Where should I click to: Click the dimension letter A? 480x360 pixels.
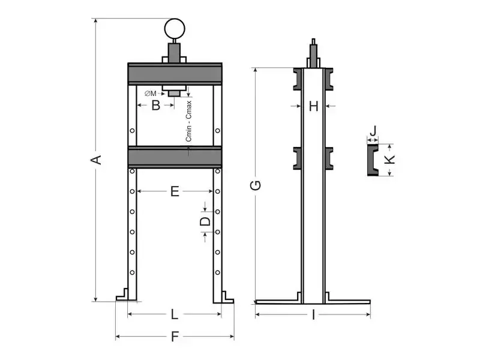(x=95, y=160)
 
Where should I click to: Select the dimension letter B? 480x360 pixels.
(x=155, y=106)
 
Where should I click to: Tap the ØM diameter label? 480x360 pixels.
(x=151, y=93)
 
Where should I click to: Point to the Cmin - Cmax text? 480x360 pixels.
(x=189, y=120)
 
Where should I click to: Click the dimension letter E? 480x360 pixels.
(x=175, y=191)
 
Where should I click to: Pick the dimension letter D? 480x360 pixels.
(x=205, y=222)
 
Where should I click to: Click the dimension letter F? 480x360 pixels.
(x=175, y=337)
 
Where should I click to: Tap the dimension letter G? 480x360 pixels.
(x=256, y=185)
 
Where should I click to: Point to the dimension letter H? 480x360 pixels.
(x=313, y=106)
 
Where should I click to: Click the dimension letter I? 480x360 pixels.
(x=313, y=315)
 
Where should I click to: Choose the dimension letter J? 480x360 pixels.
(x=373, y=130)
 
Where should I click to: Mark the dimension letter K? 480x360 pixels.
(x=389, y=160)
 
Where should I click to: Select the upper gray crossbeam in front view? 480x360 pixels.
(x=175, y=73)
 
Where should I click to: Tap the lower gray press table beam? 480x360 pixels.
(x=175, y=157)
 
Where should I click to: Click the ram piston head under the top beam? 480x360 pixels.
(x=175, y=91)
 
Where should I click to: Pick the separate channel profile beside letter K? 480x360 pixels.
(x=373, y=160)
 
